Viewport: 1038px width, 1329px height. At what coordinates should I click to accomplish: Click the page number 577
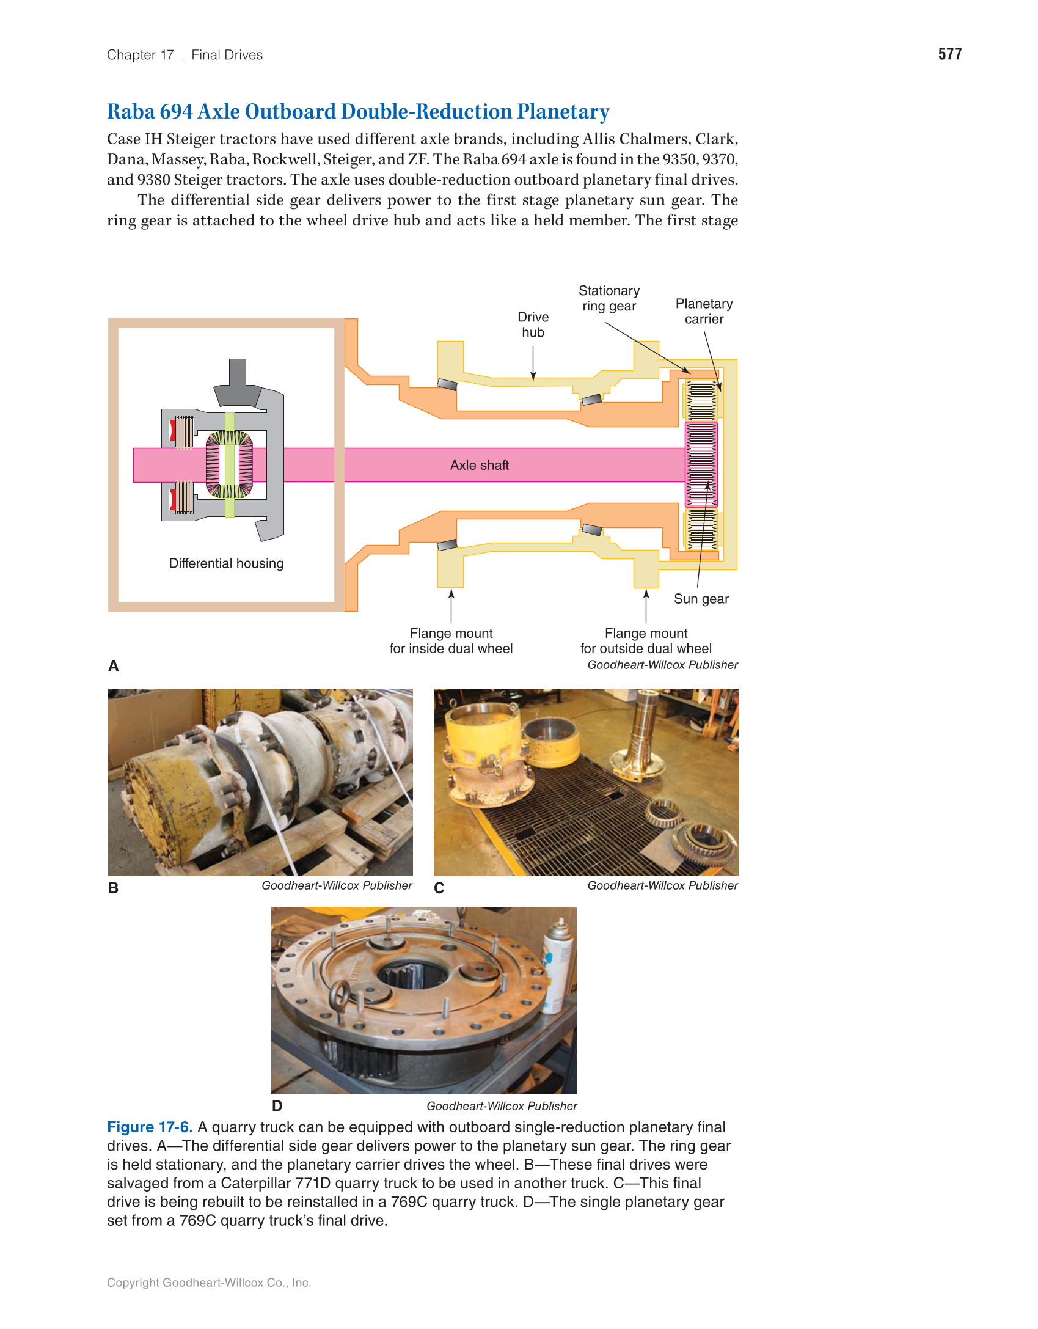(x=949, y=54)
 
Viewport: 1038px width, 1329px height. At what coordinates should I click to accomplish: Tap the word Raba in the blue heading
(x=131, y=112)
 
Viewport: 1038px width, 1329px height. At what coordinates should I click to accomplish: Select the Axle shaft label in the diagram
(x=479, y=465)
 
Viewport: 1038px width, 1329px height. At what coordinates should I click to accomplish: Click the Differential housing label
(x=226, y=563)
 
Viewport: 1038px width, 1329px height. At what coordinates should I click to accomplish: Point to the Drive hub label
(x=533, y=324)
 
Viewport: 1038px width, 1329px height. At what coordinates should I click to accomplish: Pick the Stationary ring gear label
(x=609, y=298)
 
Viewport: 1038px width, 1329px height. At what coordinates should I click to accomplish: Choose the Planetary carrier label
(x=704, y=311)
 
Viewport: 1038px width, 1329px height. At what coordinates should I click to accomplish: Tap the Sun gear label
(x=701, y=599)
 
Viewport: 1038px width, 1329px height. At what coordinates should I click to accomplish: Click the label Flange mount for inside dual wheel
(x=451, y=641)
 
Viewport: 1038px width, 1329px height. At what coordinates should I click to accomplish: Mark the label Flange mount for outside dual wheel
(x=646, y=641)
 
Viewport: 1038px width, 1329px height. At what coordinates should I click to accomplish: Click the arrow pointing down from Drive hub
(x=533, y=364)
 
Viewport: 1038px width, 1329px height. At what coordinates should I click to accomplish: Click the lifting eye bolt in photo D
(x=340, y=996)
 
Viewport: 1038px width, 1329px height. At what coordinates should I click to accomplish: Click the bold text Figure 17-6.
(x=150, y=1127)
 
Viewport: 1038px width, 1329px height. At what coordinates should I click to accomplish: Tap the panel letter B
(x=113, y=888)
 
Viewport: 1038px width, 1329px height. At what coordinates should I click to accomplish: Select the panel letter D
(x=277, y=1106)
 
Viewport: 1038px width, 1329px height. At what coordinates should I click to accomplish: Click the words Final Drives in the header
(x=227, y=55)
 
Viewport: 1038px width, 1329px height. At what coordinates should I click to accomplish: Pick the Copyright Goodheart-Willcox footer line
(x=209, y=1283)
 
